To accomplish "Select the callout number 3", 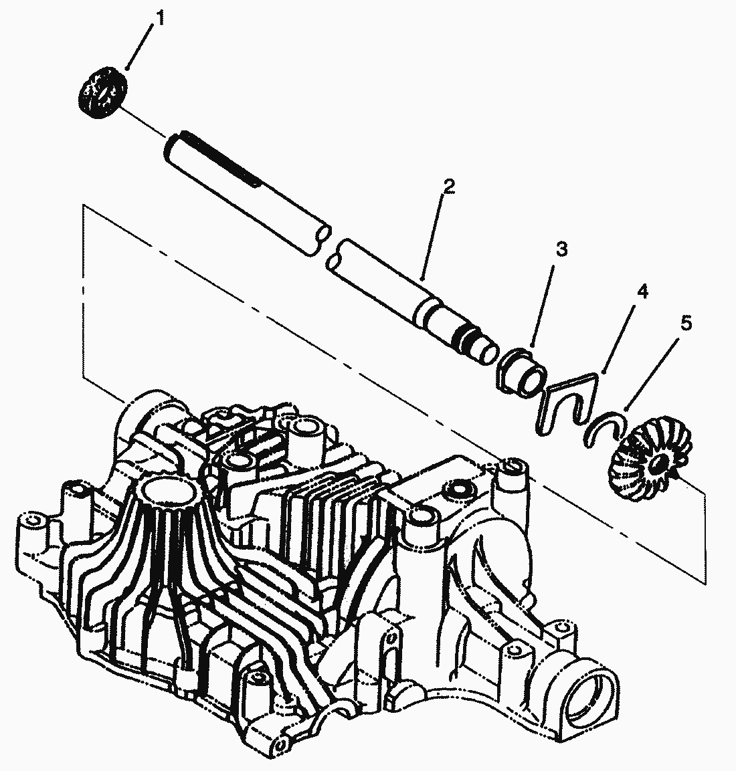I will tap(561, 250).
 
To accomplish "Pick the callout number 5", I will tap(686, 324).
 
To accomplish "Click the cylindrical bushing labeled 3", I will tap(521, 370).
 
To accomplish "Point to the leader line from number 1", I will tap(140, 44).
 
